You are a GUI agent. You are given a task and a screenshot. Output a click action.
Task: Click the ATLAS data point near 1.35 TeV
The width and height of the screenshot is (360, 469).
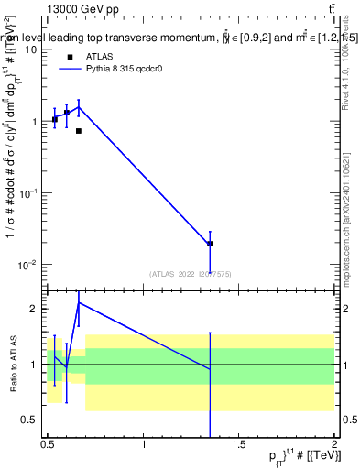(210, 244)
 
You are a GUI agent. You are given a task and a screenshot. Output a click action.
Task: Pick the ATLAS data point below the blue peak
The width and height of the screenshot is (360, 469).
(79, 131)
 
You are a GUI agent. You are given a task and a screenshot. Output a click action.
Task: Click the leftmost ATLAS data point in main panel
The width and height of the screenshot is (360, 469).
(55, 119)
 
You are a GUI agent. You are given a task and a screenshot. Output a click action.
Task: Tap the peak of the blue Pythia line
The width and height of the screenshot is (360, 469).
(79, 106)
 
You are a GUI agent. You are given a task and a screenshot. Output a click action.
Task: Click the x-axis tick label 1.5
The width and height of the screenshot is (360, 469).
(239, 444)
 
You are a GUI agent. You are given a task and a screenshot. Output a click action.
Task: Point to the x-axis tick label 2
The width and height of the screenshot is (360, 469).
(333, 444)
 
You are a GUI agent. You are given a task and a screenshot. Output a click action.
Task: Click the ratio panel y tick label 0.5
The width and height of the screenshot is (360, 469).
(30, 420)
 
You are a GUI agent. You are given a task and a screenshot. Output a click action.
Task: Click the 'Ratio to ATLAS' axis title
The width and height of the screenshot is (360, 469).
(13, 364)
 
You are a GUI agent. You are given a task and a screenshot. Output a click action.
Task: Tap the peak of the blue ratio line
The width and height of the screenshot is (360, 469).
(79, 302)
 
